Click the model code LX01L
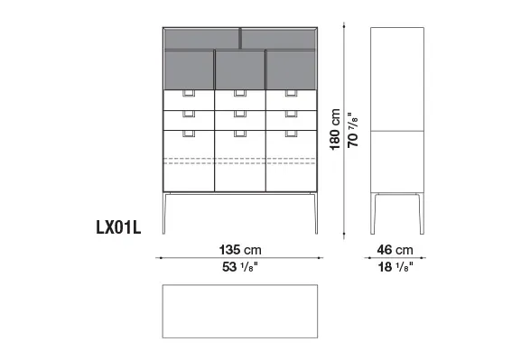pos(118,227)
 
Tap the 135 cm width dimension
pos(240,250)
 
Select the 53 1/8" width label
pos(240,267)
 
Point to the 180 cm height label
pos(335,130)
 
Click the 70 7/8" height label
pos(352,130)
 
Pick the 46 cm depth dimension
pos(395,250)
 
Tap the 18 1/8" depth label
pos(395,267)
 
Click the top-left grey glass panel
pos(201,39)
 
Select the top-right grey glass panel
pos(278,39)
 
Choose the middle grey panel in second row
pos(240,69)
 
